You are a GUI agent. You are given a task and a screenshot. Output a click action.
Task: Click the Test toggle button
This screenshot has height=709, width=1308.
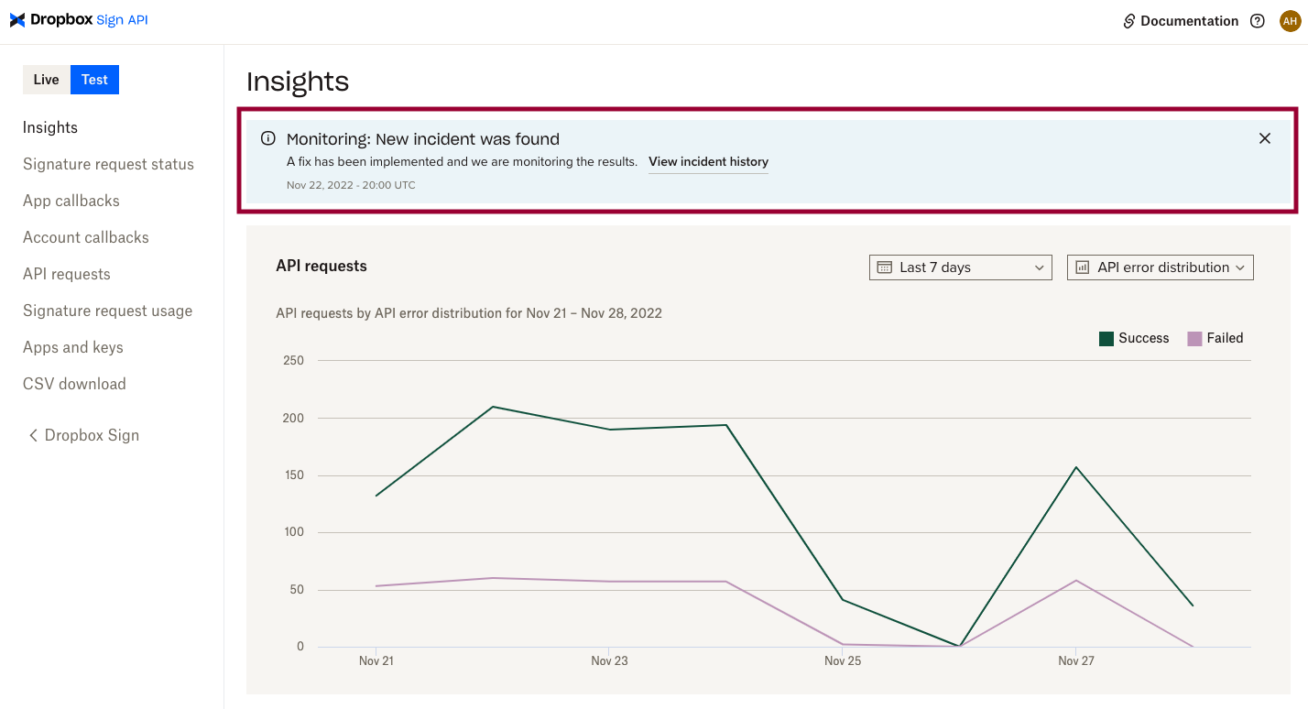click(94, 80)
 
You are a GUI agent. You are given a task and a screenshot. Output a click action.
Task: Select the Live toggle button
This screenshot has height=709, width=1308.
click(46, 80)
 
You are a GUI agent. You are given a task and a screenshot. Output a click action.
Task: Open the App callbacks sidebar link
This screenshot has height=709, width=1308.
click(71, 201)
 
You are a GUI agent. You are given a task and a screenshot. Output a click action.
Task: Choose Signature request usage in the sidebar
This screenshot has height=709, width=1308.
click(107, 311)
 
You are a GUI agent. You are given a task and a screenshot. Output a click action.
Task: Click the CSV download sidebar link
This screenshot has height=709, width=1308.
click(74, 384)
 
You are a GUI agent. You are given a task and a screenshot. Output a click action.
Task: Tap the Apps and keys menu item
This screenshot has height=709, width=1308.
click(73, 347)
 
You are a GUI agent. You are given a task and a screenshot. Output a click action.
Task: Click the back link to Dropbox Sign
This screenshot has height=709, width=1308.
click(83, 435)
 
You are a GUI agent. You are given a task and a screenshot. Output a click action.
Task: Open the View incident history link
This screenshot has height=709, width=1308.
click(708, 162)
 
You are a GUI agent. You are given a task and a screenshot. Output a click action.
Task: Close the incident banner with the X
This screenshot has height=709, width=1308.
click(1264, 138)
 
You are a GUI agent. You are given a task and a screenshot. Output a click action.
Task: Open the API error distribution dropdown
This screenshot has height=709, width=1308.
click(1160, 267)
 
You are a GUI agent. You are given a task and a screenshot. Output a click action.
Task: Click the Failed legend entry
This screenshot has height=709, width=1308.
click(1215, 338)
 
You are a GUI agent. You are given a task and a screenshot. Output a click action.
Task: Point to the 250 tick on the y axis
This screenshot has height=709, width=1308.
click(293, 360)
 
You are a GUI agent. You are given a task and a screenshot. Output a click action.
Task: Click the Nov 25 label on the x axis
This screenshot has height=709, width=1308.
click(842, 660)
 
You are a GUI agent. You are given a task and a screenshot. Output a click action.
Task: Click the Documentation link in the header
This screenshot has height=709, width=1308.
click(1181, 21)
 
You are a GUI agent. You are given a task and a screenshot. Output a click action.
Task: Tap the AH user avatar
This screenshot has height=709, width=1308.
click(1290, 21)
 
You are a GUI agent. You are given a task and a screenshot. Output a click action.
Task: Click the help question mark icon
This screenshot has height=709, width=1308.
click(1258, 21)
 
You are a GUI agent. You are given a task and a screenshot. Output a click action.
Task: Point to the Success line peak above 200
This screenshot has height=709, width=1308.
click(493, 407)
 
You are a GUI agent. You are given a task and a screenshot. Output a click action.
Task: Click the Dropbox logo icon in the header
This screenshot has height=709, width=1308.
click(17, 20)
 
